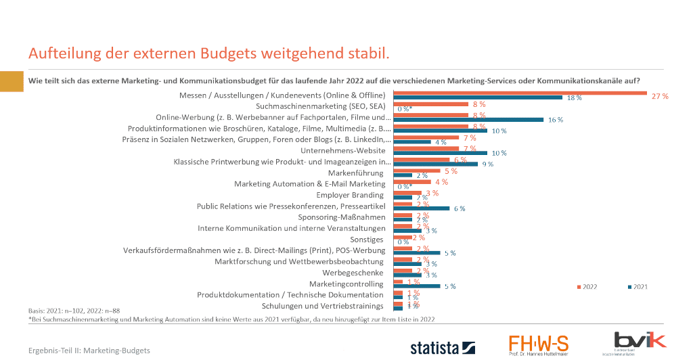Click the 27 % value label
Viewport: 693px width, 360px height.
click(659, 96)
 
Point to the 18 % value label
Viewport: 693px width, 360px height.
click(574, 98)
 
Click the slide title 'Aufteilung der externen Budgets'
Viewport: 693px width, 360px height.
click(208, 53)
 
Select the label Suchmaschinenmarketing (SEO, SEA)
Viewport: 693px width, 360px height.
click(321, 106)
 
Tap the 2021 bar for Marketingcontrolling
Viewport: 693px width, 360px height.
click(417, 286)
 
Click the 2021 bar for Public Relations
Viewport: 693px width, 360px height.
click(421, 208)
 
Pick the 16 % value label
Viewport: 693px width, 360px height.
click(555, 120)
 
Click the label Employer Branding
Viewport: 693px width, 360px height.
click(350, 195)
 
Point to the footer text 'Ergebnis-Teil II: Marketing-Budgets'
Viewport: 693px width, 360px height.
click(89, 351)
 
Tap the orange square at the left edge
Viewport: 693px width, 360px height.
click(12, 81)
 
